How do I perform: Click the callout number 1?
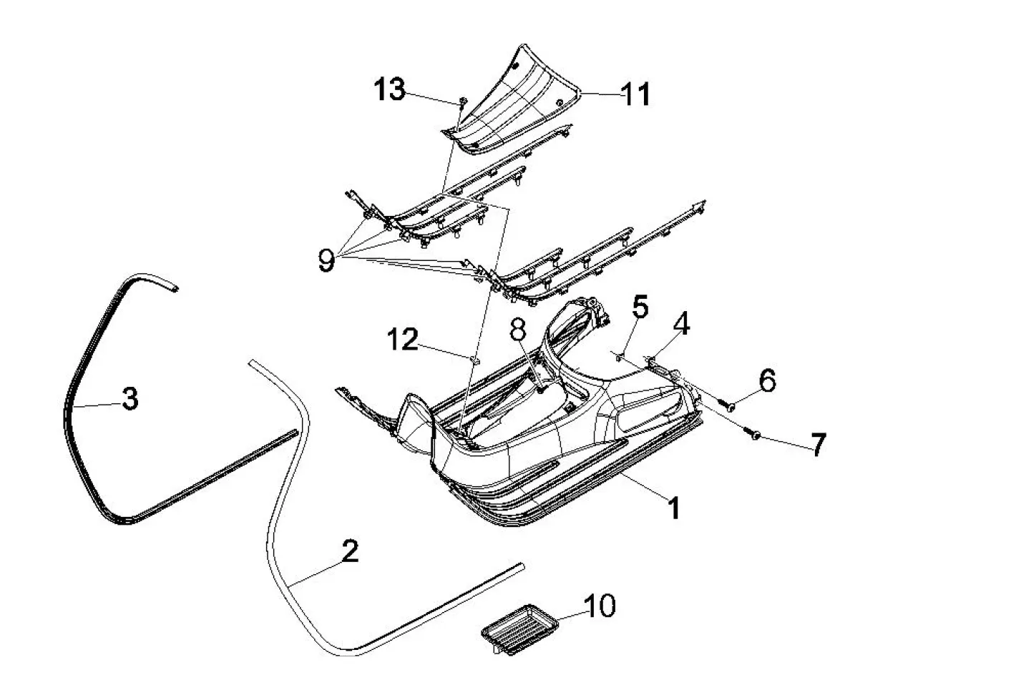(673, 508)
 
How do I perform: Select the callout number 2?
(349, 551)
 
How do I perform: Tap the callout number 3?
(130, 399)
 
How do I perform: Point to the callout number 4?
(682, 325)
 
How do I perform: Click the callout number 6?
(766, 381)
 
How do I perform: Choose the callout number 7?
(817, 445)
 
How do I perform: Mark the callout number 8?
(517, 330)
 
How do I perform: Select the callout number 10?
(600, 606)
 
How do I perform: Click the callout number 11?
(635, 94)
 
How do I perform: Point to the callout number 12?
(403, 339)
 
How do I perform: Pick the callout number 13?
(390, 90)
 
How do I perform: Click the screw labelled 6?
(731, 406)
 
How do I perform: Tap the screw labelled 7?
(753, 433)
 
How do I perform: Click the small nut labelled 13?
(461, 101)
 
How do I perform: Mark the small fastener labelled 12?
(474, 357)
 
